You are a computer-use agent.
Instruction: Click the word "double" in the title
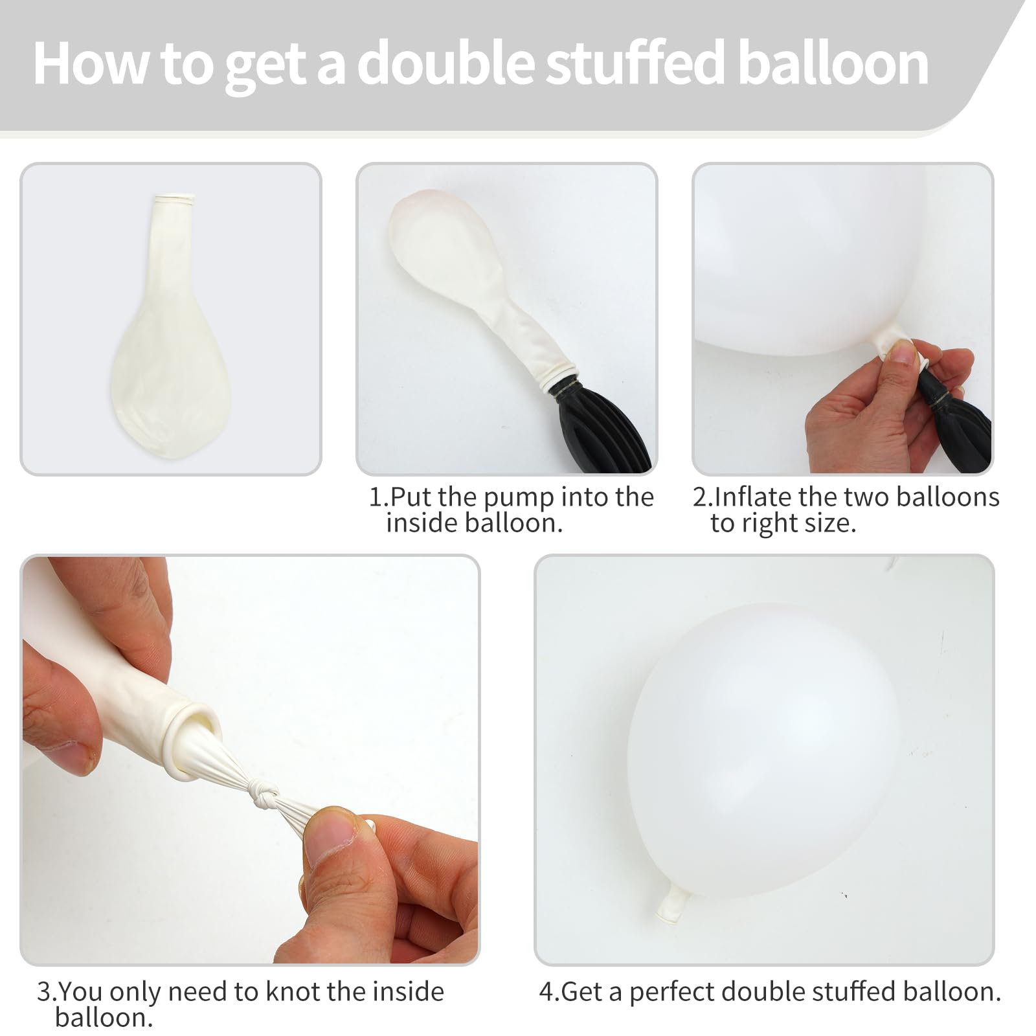[446, 63]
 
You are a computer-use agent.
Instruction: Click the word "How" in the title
[91, 63]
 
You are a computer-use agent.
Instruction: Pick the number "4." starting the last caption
[549, 992]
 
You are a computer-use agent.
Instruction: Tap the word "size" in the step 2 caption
[831, 523]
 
